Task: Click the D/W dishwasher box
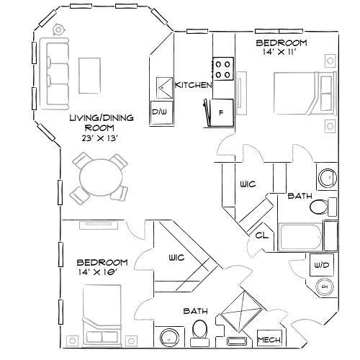pos(159,112)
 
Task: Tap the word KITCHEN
pos(193,86)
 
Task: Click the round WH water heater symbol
pos(323,287)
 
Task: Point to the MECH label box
pos(269,339)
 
